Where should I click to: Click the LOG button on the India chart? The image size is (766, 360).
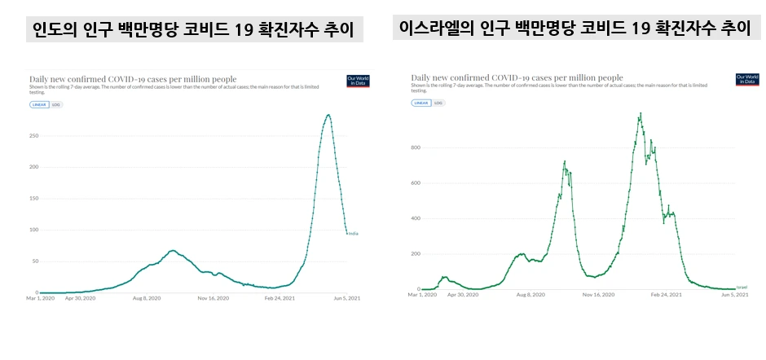pyautogui.click(x=56, y=104)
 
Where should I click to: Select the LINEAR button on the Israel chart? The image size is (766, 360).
pyautogui.click(x=421, y=103)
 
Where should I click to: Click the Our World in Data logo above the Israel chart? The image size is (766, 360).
pyautogui.click(x=746, y=80)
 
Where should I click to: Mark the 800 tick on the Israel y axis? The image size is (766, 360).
pyautogui.click(x=414, y=147)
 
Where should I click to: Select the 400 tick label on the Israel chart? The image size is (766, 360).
pyautogui.click(x=414, y=218)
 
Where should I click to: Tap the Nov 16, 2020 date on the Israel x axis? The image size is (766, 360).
pyautogui.click(x=598, y=295)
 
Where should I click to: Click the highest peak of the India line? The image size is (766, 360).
pyautogui.click(x=328, y=115)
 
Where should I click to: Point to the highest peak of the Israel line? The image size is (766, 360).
pyautogui.click(x=641, y=114)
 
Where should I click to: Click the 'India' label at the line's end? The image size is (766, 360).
pyautogui.click(x=353, y=234)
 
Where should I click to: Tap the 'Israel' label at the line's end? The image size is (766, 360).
pyautogui.click(x=742, y=288)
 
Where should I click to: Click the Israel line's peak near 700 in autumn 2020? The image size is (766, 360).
pyautogui.click(x=565, y=161)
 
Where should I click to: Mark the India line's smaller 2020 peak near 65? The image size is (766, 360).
pyautogui.click(x=173, y=250)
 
